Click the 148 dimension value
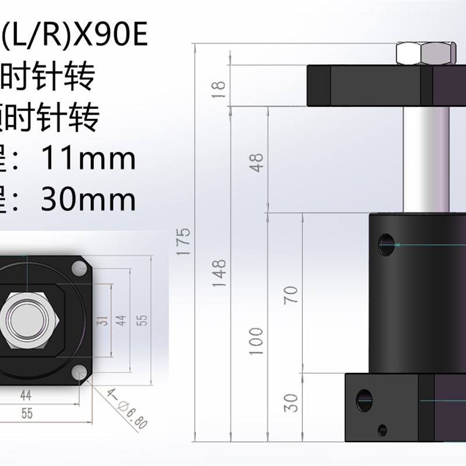click(218, 270)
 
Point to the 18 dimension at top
click(218, 87)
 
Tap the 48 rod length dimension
click(257, 160)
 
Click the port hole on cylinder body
click(387, 244)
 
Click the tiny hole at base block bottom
click(382, 430)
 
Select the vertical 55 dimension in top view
click(142, 319)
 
